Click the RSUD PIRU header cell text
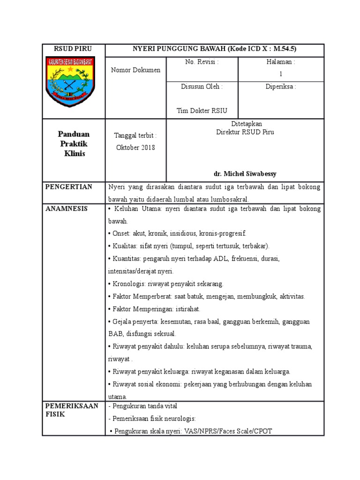click(x=73, y=49)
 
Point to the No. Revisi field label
click(x=202, y=62)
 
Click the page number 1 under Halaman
click(x=281, y=74)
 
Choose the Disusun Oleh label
click(x=202, y=87)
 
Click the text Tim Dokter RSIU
click(x=202, y=111)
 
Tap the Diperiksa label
click(x=281, y=87)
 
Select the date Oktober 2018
click(x=135, y=148)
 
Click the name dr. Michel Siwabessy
click(x=245, y=174)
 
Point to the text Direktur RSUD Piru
click(x=245, y=132)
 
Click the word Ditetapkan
click(x=245, y=124)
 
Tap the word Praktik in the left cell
click(x=73, y=144)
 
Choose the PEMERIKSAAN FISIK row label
click(x=72, y=410)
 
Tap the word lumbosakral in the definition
click(x=230, y=199)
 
